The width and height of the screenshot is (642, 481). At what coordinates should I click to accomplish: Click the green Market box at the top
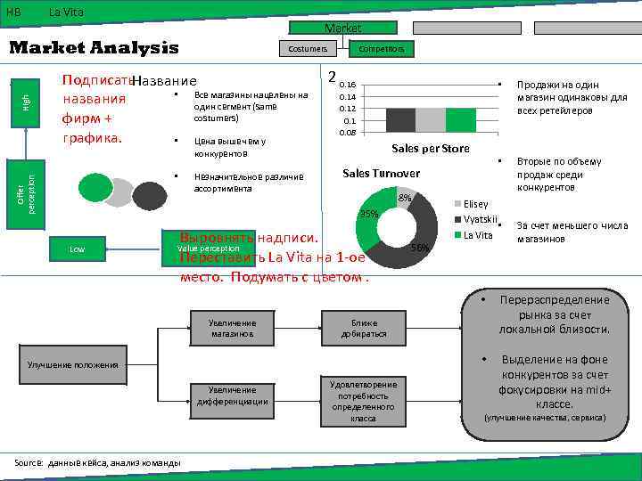343,29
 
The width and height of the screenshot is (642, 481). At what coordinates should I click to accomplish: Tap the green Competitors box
382,49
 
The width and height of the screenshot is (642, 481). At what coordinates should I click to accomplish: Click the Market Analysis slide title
94,48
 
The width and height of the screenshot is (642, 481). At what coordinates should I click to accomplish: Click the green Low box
78,249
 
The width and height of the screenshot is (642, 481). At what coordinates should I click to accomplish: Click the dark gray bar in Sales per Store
401,119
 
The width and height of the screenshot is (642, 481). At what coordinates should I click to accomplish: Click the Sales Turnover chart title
382,173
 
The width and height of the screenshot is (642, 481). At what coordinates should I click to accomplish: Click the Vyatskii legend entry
477,220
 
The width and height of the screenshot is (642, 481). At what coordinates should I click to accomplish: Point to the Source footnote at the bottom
98,462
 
